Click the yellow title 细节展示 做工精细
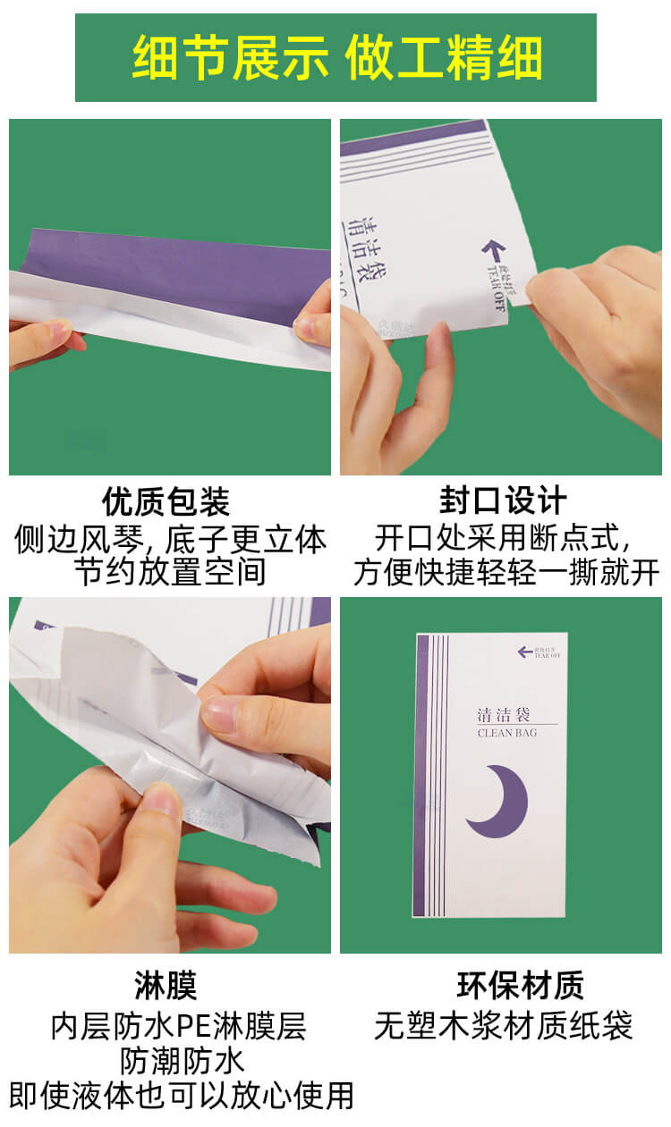[336, 58]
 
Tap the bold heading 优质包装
[166, 501]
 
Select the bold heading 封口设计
[503, 501]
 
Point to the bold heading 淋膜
[166, 985]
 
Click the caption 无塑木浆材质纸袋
[504, 1025]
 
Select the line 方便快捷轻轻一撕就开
[506, 572]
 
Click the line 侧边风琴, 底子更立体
[170, 539]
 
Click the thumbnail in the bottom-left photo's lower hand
[162, 800]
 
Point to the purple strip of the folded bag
[179, 273]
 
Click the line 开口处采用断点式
[503, 539]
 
